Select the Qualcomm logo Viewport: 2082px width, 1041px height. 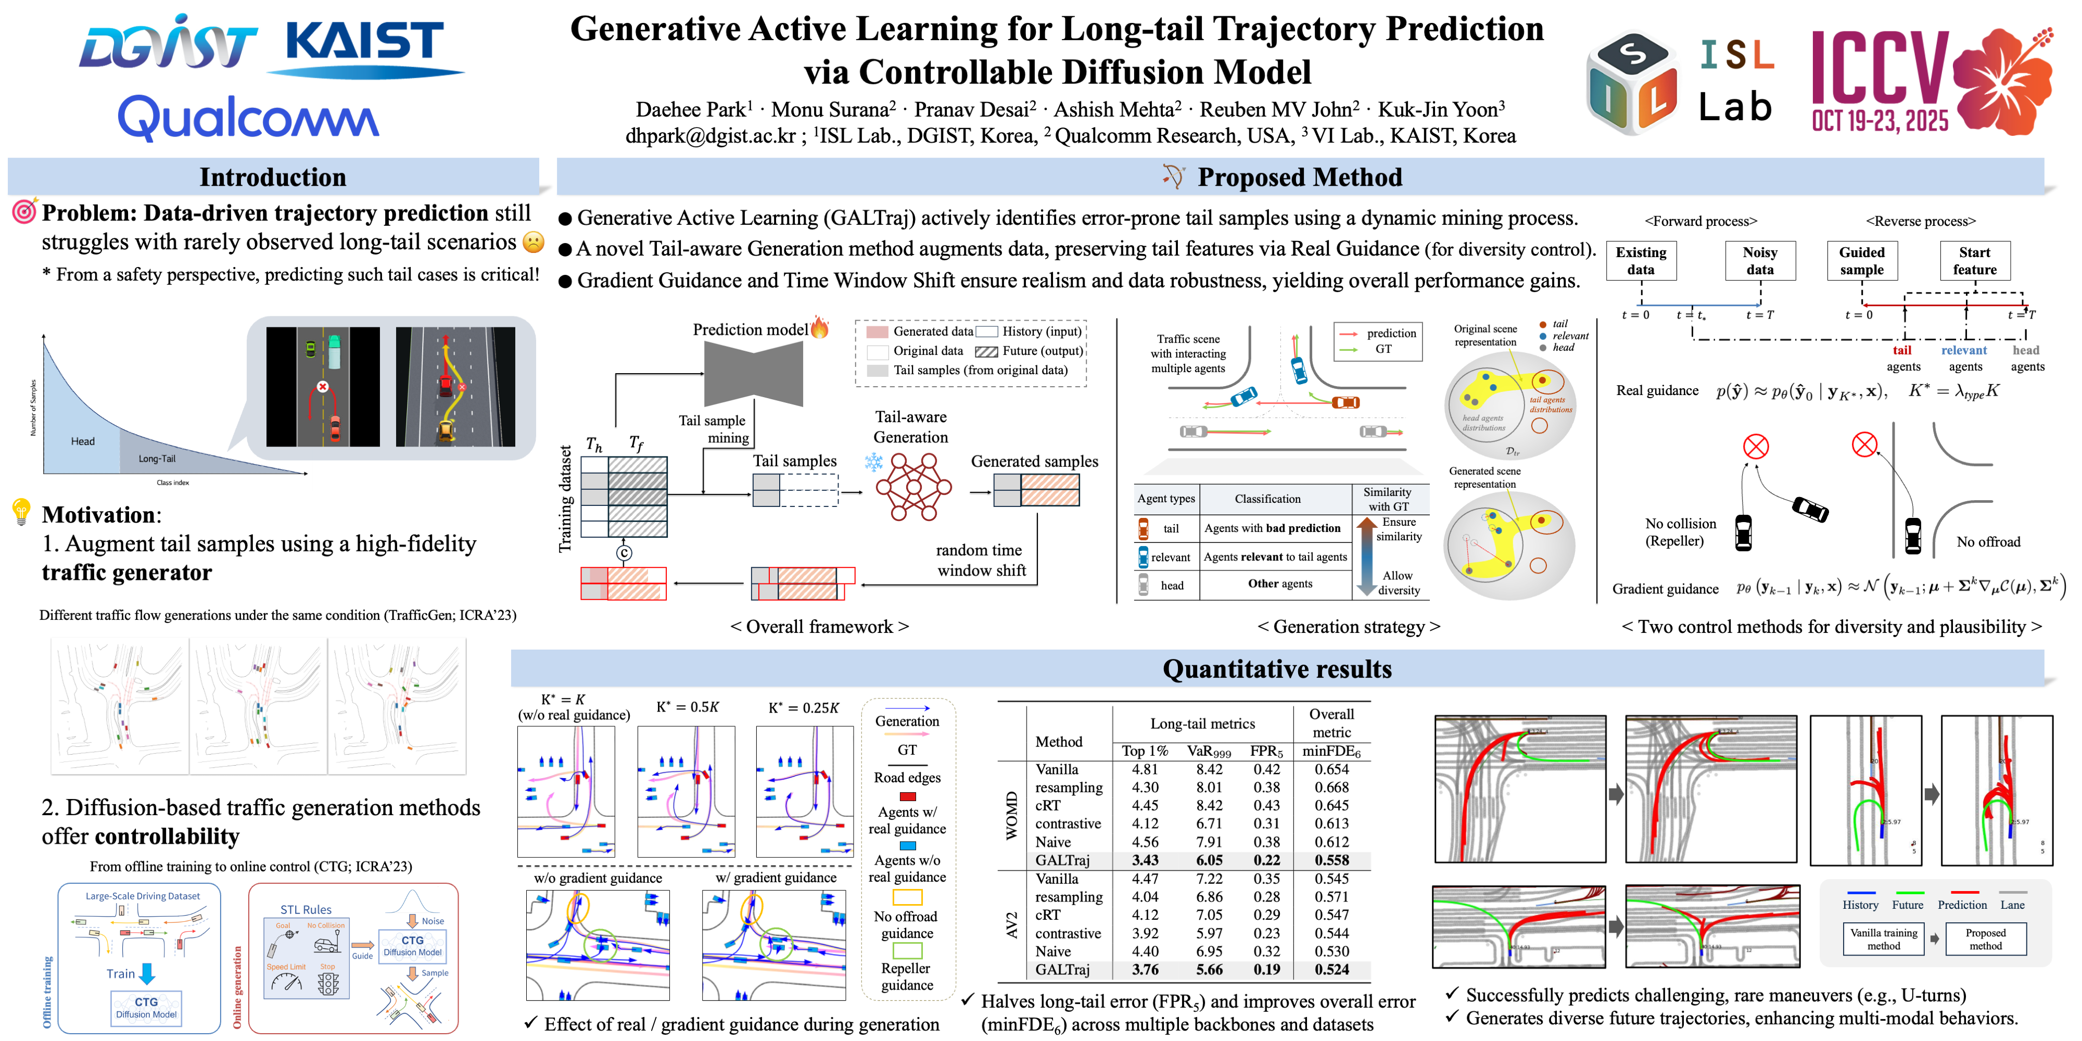coord(248,117)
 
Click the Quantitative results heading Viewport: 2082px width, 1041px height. coord(1276,669)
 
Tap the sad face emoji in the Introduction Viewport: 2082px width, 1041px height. coord(534,242)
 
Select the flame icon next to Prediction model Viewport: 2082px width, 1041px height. coord(820,327)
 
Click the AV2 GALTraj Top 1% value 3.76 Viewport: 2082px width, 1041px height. coord(1145,969)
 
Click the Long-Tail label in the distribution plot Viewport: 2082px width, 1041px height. coord(157,458)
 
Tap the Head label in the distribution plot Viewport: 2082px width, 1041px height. coord(82,441)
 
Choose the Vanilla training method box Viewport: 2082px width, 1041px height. coord(1883,939)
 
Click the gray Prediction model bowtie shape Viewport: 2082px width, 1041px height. coord(753,373)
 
